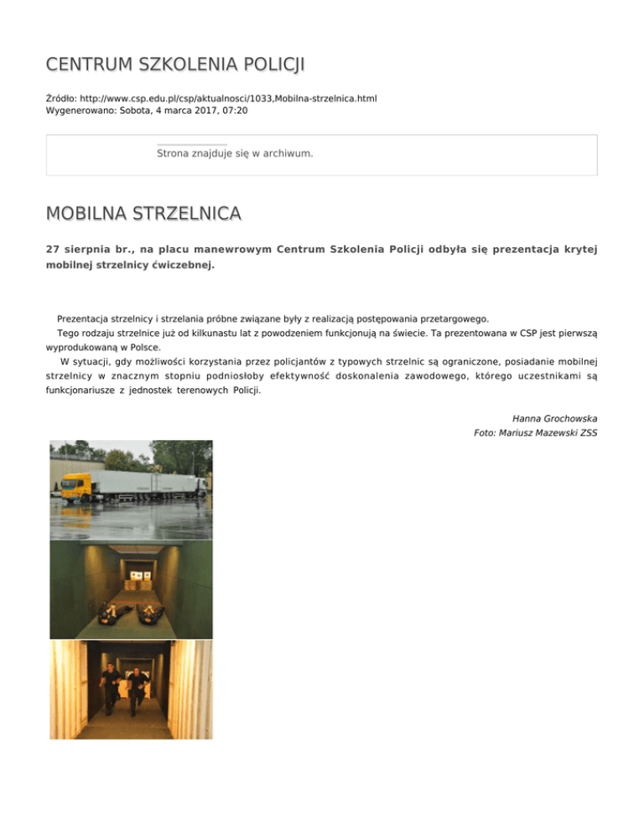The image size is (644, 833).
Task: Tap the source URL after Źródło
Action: coord(226,98)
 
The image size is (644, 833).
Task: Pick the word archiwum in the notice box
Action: coord(283,154)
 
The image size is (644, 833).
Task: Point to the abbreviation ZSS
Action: coord(586,433)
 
